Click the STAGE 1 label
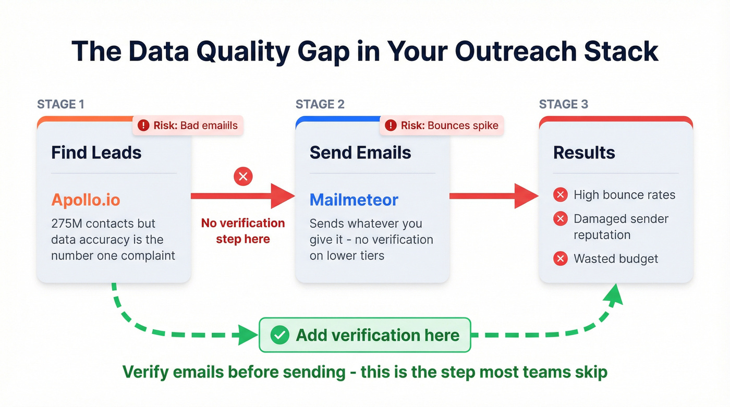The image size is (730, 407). pos(60,104)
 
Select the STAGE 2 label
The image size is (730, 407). pos(320,104)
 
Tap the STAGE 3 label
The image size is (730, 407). pos(563,104)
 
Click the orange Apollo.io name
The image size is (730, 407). pos(86,200)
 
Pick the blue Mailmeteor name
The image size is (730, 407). pos(354,200)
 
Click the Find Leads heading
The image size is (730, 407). pos(96,153)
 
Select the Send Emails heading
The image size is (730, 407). pos(360,153)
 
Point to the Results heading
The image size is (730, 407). pos(583,153)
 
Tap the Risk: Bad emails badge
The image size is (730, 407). pos(188,126)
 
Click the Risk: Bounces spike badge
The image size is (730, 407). pos(442,126)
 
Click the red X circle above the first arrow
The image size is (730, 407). pos(242,176)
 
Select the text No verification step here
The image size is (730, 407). pos(243,231)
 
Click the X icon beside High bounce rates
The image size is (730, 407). pos(561,195)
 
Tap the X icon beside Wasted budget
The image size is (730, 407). pos(561,258)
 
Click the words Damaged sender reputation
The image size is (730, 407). pos(620,227)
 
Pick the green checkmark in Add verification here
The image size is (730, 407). pos(280,335)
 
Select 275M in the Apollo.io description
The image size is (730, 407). pos(67,224)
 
